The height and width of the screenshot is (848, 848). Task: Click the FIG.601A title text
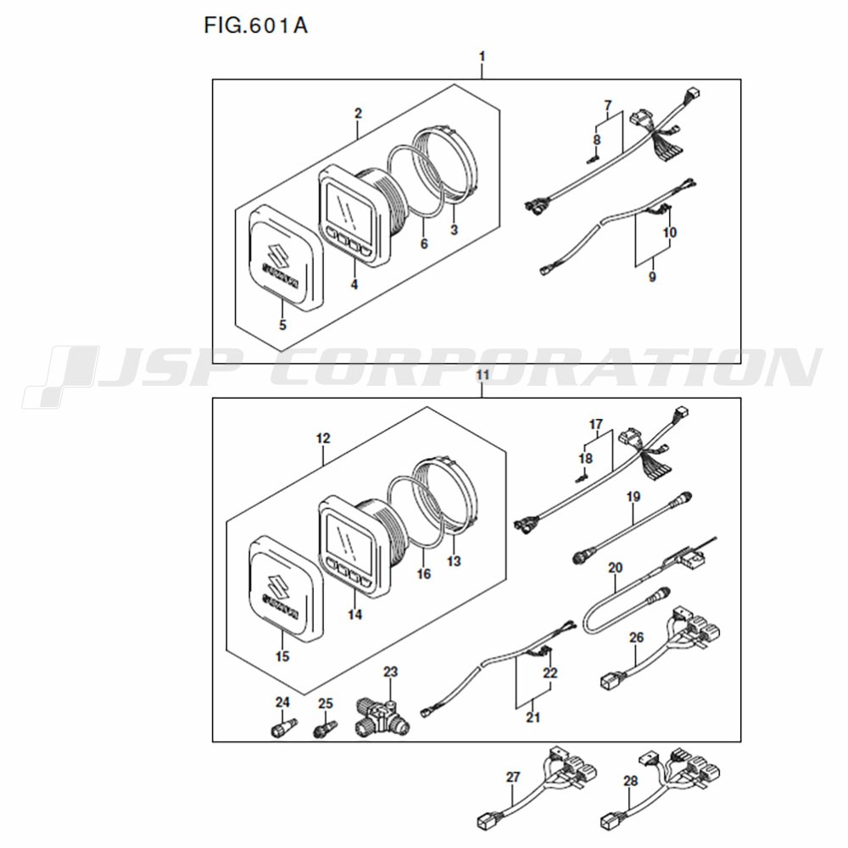point(255,25)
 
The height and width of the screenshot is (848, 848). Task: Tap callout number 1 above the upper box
point(482,56)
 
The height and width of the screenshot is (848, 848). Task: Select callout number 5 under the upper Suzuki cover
point(282,325)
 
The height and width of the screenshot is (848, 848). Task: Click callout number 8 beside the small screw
point(596,140)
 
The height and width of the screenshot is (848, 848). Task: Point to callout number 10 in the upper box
point(670,232)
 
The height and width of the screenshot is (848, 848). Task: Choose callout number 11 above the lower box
point(482,375)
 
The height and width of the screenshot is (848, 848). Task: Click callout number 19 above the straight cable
point(633,496)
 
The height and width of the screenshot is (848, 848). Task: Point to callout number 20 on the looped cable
point(616,567)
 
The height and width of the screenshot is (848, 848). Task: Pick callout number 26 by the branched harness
point(637,638)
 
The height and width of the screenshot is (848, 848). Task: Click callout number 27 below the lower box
point(513,777)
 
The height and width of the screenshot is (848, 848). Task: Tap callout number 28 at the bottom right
point(631,780)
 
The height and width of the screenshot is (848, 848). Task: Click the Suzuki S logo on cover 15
point(277,586)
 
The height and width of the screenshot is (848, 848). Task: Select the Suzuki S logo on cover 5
point(277,254)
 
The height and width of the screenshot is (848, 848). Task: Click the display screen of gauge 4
point(349,211)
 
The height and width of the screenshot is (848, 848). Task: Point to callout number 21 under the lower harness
point(533,717)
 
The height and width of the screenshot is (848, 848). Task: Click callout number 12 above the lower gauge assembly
point(323,438)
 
